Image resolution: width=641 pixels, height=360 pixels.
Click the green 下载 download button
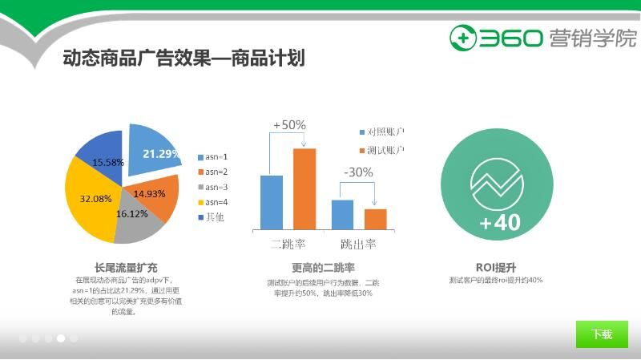pyautogui.click(x=602, y=334)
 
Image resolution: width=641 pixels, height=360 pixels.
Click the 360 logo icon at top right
pyautogui.click(x=462, y=38)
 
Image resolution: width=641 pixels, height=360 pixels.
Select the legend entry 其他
pyautogui.click(x=212, y=217)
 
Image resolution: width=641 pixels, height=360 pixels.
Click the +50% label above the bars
pyautogui.click(x=289, y=125)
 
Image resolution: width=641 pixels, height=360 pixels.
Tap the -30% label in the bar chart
pyautogui.click(x=358, y=172)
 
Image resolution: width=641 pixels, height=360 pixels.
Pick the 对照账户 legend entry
pyautogui.click(x=381, y=131)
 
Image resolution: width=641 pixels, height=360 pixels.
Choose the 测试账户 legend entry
pyautogui.click(x=381, y=151)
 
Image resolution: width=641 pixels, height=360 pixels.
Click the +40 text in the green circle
pyautogui.click(x=499, y=222)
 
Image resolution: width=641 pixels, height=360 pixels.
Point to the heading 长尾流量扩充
pyautogui.click(x=126, y=267)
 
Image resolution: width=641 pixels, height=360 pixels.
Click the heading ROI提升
pyautogui.click(x=496, y=267)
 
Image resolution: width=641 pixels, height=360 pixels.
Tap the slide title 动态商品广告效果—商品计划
pyautogui.click(x=183, y=59)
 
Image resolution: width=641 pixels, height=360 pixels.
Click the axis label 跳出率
pyautogui.click(x=358, y=244)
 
